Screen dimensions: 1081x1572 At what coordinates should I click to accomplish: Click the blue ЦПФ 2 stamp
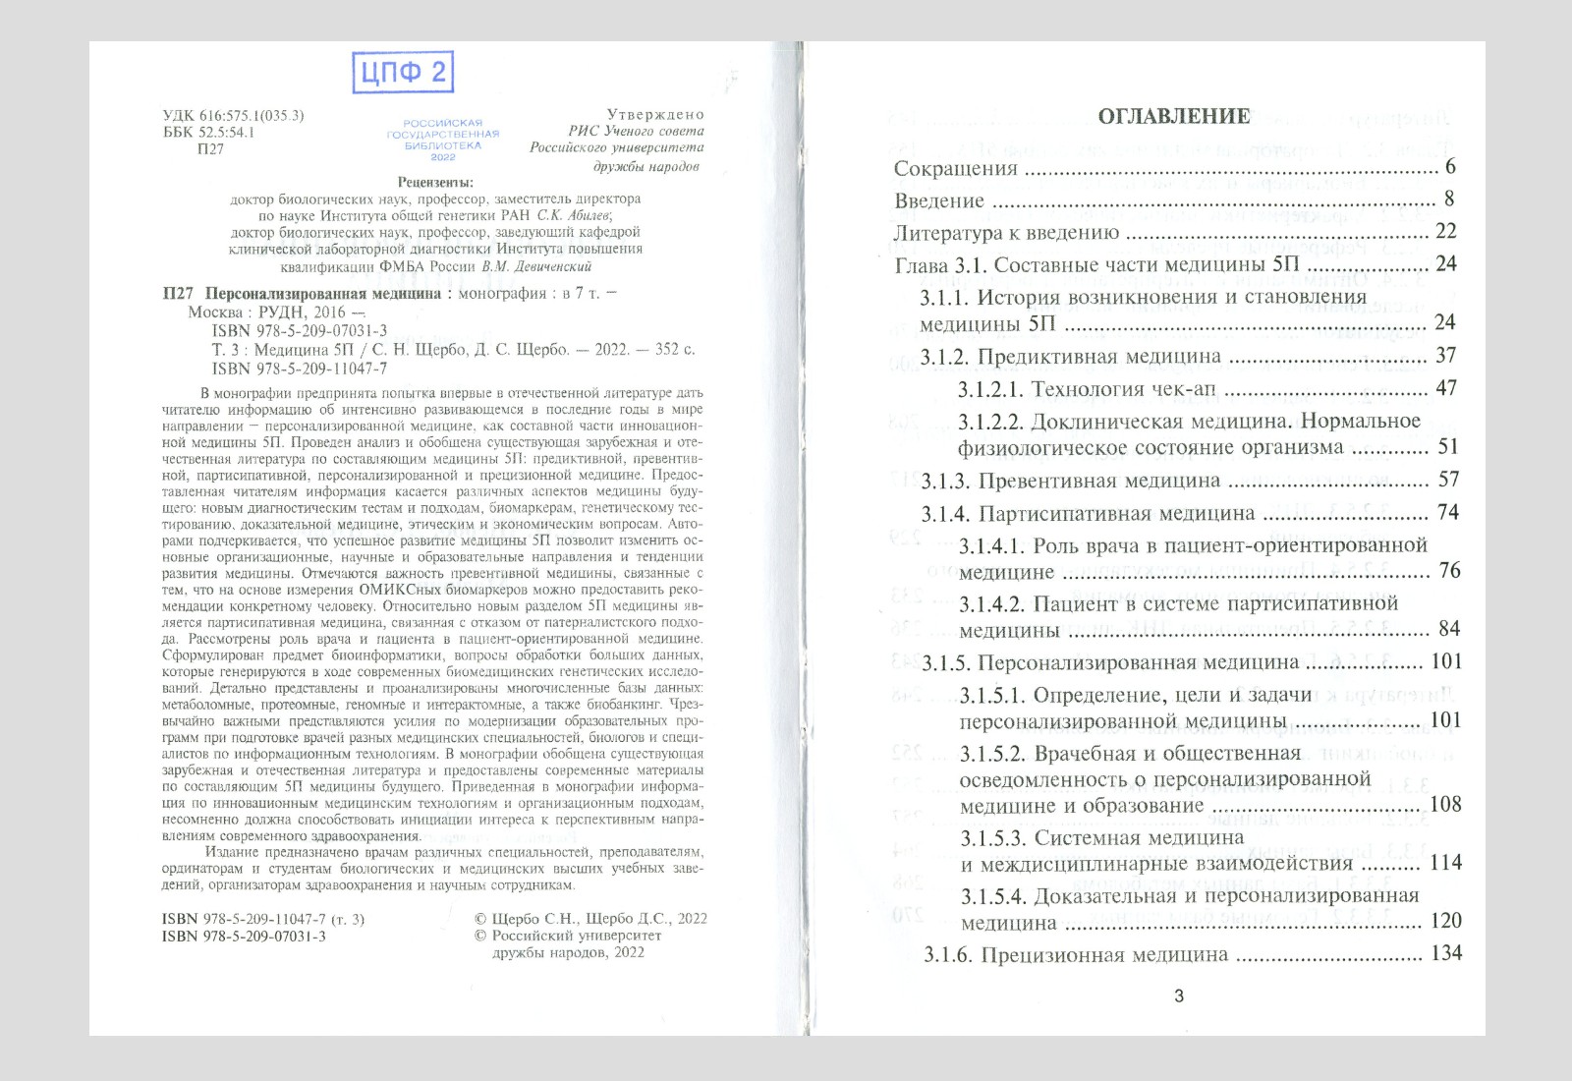403,73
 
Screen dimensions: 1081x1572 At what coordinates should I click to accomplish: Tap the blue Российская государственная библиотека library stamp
443,140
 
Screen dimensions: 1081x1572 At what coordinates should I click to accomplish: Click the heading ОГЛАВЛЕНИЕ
1173,116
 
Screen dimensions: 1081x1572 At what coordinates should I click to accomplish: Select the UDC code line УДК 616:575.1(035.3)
234,115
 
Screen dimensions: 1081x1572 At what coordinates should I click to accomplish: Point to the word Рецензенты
435,182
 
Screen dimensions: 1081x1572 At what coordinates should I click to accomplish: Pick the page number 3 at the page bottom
1179,996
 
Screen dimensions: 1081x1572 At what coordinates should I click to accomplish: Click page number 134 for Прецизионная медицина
1446,952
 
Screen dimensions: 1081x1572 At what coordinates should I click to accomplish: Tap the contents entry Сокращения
956,168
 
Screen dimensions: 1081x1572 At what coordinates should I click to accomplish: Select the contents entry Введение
939,200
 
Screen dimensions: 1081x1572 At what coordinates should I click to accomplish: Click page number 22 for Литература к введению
1445,231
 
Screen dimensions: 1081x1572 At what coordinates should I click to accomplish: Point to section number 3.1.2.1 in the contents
990,389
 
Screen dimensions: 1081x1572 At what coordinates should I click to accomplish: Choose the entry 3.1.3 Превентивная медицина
1071,481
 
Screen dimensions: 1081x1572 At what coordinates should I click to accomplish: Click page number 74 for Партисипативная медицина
1447,512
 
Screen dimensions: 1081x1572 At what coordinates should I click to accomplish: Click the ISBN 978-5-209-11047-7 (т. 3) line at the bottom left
262,919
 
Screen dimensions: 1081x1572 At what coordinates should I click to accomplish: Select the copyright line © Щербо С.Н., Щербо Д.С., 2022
590,918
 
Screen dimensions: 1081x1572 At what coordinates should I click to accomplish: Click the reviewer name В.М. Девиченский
536,266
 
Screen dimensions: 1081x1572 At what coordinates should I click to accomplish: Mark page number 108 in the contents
1445,804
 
